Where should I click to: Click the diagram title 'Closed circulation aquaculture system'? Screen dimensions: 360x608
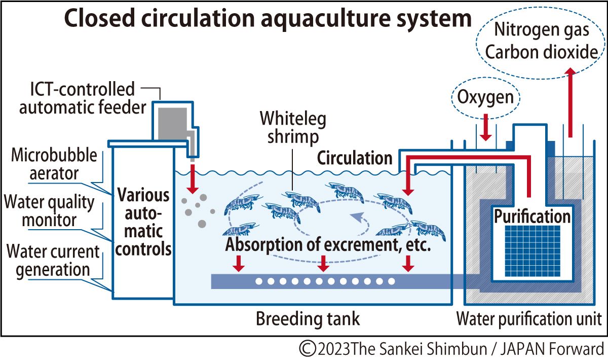pos(267,19)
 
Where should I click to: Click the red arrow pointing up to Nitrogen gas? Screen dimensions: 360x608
pos(570,101)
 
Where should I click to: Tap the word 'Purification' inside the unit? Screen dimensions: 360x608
pos(532,217)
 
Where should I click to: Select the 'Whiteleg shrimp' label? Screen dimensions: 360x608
pos(293,128)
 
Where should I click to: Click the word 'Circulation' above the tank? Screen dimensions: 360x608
pos(355,158)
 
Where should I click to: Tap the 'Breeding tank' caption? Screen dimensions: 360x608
pos(308,319)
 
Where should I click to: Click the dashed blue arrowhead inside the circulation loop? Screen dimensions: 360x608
pos(358,218)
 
